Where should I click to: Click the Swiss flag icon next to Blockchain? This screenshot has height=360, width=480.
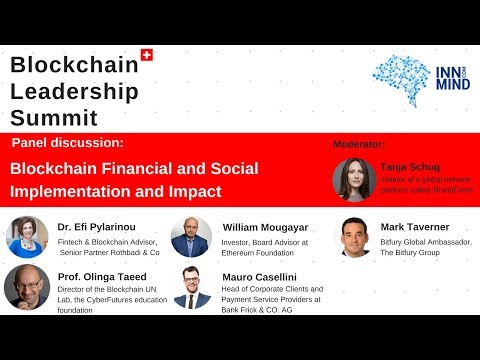[x=148, y=56]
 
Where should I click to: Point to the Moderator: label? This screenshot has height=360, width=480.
[x=359, y=145]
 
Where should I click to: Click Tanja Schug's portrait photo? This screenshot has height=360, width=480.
[x=352, y=179]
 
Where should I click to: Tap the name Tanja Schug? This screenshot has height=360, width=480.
[x=410, y=167]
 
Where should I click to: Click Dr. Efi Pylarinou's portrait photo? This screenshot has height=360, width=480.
[x=26, y=237]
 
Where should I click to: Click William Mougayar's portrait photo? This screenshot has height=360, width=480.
[x=191, y=237]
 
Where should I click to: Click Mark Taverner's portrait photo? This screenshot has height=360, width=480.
[x=353, y=237]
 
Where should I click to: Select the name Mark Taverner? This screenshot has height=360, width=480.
[x=415, y=227]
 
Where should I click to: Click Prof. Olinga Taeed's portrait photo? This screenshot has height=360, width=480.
[x=26, y=288]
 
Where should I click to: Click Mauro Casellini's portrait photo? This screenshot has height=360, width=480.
[x=191, y=288]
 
